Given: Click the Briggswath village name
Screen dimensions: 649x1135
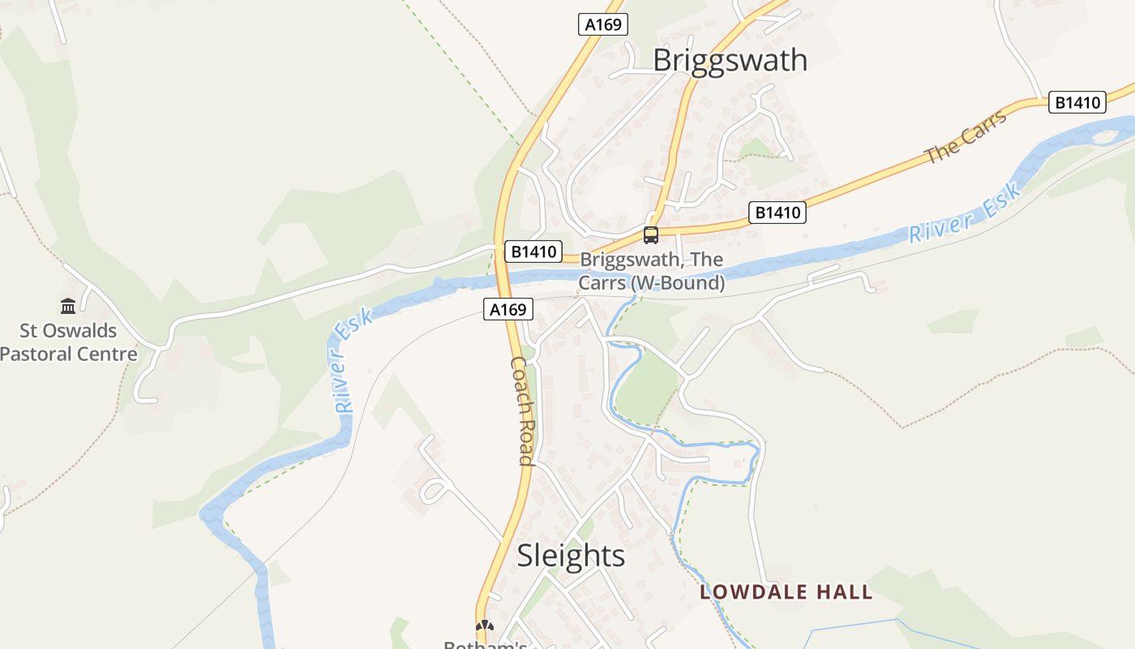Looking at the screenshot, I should coord(730,60).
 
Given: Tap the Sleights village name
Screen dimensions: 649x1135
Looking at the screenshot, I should coord(571,556).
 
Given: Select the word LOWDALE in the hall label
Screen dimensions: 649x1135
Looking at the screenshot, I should coord(748,592).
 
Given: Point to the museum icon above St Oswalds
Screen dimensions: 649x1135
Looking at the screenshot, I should coord(68,307).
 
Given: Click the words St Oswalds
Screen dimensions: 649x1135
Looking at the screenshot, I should coord(68,331).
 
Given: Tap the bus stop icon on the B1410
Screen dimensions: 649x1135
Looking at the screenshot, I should coord(651,235).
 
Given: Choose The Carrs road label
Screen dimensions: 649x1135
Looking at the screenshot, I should coord(966,135).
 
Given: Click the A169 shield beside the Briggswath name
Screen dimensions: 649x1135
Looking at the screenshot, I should coord(603,24).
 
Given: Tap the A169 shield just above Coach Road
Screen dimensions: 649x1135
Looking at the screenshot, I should coord(508,309).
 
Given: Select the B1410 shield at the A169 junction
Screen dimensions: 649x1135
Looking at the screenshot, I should coord(533,251).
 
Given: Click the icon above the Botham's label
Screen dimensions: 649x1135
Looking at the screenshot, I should coord(485,625).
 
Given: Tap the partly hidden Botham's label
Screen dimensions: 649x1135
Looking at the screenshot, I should coord(485,644).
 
